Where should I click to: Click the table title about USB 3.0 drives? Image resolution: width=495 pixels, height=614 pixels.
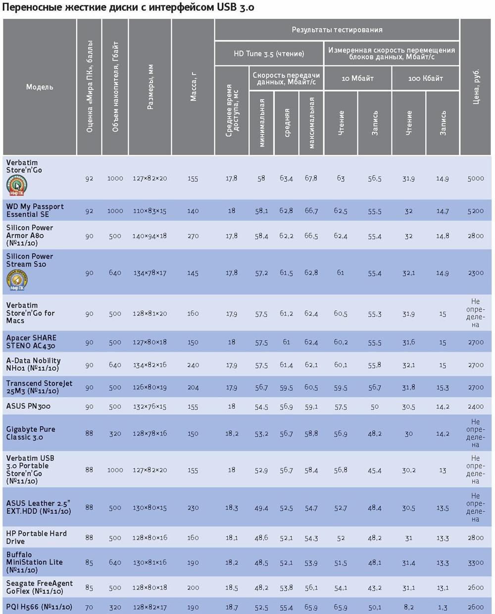point(129,8)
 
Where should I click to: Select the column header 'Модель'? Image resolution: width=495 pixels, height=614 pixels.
point(40,87)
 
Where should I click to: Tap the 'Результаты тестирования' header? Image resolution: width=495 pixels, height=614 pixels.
point(337,30)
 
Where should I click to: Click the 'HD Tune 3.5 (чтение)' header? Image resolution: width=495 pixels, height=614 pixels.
point(269,54)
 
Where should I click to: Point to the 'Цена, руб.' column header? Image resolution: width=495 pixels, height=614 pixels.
point(476,87)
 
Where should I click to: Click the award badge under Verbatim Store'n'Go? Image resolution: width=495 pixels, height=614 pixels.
point(16,186)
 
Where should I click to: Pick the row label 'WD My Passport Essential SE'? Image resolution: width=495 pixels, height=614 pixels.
point(35,211)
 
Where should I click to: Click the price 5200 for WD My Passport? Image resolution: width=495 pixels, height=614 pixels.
point(476,211)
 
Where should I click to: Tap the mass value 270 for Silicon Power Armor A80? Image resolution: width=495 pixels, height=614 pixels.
point(193,236)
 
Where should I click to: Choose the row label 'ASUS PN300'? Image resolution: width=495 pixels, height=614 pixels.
point(28,406)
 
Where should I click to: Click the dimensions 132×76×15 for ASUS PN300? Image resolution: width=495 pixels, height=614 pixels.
point(149,407)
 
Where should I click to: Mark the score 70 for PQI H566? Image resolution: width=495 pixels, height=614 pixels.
point(89,607)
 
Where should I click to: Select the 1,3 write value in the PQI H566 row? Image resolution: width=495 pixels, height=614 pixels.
point(443,607)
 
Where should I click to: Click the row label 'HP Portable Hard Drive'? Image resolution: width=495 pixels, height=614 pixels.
point(36,537)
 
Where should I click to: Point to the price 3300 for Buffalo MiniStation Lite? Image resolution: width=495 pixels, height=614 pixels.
point(476,562)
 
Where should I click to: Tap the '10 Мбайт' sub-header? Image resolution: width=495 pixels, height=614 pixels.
point(357,78)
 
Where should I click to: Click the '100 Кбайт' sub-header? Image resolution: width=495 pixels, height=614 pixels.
point(425,78)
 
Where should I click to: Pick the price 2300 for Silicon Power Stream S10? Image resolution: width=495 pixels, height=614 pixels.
point(476,273)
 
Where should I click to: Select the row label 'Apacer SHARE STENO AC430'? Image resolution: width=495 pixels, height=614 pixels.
point(31,342)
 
